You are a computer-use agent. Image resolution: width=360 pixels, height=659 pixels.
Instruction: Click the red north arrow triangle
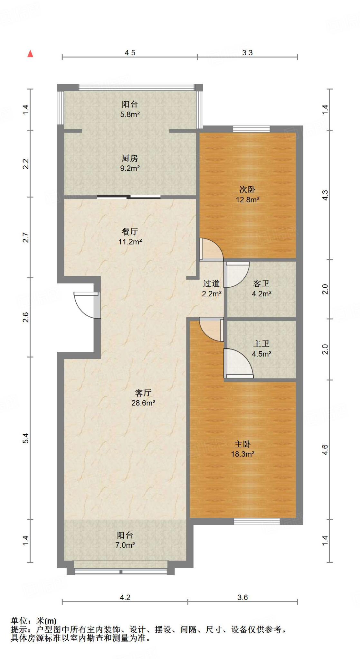(x=30, y=54)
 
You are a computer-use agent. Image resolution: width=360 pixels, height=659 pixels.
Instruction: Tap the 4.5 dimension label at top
(x=130, y=53)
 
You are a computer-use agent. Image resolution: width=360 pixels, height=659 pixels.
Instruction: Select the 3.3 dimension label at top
(x=247, y=53)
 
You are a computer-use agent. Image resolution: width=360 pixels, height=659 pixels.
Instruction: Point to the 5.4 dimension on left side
(x=26, y=438)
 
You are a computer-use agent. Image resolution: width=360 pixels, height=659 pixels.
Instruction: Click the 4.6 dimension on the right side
(x=325, y=450)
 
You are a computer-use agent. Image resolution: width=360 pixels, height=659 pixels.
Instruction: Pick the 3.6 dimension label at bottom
(x=242, y=598)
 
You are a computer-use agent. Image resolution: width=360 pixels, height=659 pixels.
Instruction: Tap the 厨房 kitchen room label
(x=130, y=158)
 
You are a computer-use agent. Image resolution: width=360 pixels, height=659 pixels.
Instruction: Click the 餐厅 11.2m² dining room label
(x=130, y=237)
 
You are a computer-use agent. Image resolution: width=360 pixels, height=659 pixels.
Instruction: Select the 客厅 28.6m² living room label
(x=143, y=398)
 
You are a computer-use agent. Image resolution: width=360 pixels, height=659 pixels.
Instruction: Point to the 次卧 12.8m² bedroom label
(x=248, y=194)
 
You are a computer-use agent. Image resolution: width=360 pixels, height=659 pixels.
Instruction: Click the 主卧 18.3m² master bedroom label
(x=243, y=449)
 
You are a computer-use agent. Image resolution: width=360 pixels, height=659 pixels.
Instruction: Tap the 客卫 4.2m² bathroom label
(x=261, y=288)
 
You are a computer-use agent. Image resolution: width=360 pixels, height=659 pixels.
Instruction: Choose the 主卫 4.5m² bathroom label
(x=261, y=349)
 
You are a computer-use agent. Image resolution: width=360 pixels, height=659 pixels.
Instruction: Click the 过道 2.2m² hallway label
(x=212, y=288)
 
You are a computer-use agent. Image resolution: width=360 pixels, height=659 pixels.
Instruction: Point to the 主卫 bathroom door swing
(x=239, y=363)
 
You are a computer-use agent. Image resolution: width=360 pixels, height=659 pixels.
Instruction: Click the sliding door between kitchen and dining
(x=129, y=197)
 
